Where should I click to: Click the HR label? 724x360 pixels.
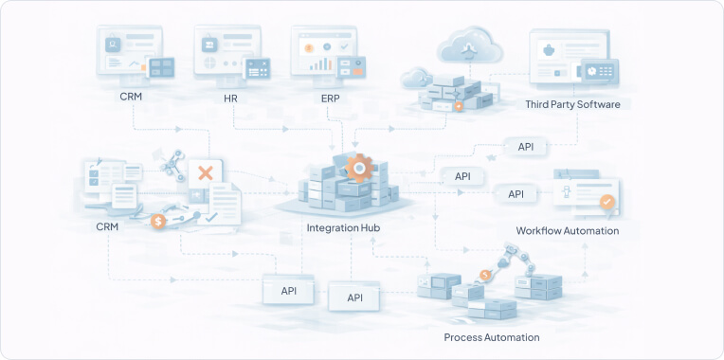[230, 98]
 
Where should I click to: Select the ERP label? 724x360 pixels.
[331, 98]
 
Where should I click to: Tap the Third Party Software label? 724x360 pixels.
[572, 104]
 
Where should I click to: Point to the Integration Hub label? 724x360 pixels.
[345, 228]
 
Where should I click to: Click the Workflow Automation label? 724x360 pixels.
[567, 230]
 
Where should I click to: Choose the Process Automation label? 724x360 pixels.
[492, 337]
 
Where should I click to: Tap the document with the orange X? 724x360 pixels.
[204, 173]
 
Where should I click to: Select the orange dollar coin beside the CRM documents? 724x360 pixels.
[159, 222]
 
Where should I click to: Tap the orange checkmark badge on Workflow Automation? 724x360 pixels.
[607, 202]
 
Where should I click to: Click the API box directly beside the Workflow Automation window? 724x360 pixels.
[516, 194]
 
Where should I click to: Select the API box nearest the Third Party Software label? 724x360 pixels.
[524, 147]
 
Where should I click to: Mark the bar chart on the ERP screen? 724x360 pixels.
[321, 64]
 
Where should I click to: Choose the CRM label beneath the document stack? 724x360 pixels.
[108, 227]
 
